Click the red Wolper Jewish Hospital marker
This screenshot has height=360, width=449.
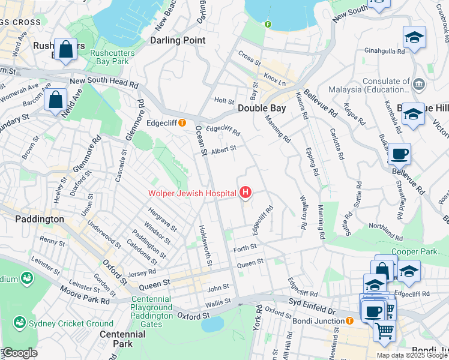[x=245, y=193]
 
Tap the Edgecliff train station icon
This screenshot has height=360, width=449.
[x=181, y=123]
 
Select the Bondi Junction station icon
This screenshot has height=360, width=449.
[x=349, y=321]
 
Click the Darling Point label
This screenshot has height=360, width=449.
[x=177, y=40]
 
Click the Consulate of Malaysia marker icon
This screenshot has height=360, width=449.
[x=419, y=82]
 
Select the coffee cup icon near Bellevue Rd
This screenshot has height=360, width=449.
[x=399, y=154]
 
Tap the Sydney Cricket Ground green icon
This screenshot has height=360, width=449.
[x=20, y=323]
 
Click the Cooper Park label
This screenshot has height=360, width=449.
[x=414, y=251]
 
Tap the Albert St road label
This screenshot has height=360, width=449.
[x=224, y=148]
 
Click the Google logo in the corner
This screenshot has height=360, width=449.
[x=19, y=353]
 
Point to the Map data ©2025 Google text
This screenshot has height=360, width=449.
[x=411, y=355]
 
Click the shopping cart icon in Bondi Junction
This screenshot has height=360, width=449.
[x=384, y=329]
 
